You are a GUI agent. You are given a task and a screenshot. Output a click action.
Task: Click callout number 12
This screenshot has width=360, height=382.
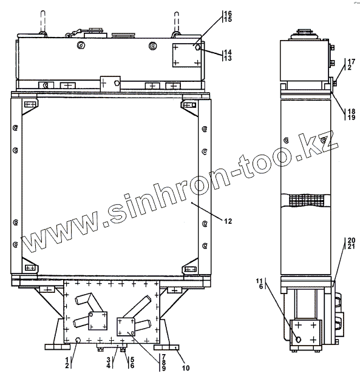pos(228,221)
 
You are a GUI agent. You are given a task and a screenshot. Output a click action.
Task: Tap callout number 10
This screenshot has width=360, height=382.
pos(186,368)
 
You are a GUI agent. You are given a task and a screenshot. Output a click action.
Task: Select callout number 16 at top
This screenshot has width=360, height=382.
pos(228,13)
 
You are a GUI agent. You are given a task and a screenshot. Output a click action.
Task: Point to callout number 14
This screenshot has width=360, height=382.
pos(228,52)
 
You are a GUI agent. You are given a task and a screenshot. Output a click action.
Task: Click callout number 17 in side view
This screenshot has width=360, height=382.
pos(352,61)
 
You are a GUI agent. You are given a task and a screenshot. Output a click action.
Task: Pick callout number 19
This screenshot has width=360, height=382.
pos(352,118)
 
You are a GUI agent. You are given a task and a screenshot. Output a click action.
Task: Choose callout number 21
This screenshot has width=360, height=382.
pos(352,246)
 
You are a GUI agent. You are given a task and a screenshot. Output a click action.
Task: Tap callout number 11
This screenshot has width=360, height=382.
pos(259,281)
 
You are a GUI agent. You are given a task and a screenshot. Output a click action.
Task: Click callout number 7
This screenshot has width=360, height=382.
pos(163,357)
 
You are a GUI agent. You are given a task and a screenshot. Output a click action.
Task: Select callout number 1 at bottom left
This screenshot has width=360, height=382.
pos(67,360)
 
